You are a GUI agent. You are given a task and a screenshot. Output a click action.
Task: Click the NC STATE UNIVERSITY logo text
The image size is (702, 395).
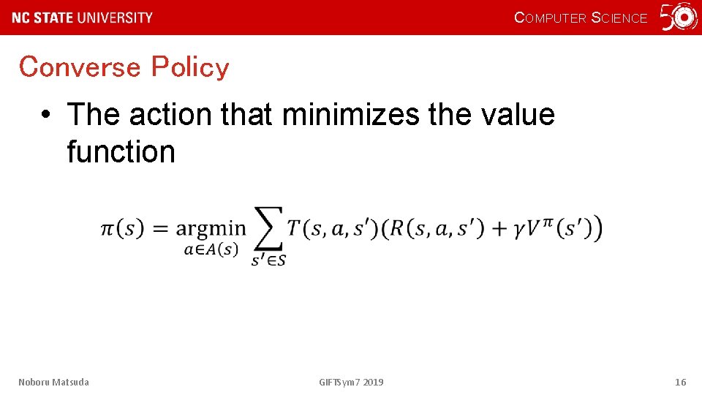83,18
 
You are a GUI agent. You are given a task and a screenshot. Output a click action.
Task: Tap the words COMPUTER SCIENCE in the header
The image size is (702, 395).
581,18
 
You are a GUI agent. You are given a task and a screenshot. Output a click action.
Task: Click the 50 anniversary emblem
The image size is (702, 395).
679,18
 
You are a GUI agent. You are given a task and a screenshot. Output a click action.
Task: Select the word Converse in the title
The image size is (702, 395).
80,67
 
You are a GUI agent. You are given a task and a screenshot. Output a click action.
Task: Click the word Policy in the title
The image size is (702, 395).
190,67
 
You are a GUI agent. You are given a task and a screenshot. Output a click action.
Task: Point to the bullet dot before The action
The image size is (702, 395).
46,116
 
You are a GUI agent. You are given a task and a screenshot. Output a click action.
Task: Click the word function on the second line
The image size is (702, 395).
121,152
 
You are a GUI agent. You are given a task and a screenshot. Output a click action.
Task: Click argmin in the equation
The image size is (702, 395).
211,229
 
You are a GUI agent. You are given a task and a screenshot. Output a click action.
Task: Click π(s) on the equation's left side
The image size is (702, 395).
121,228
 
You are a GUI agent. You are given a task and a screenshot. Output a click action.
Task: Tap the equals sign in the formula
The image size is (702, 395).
159,228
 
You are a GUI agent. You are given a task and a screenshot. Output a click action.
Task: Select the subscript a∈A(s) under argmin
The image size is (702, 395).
211,249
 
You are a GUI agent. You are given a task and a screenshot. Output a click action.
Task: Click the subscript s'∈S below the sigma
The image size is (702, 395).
268,260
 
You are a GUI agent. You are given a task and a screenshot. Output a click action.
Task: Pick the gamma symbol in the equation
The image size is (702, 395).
520,230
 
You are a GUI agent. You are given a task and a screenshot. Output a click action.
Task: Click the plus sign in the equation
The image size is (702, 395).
499,228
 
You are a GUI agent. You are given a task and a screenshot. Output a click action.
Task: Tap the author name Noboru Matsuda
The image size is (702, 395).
54,382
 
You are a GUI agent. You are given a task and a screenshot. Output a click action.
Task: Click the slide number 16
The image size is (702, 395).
680,382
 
